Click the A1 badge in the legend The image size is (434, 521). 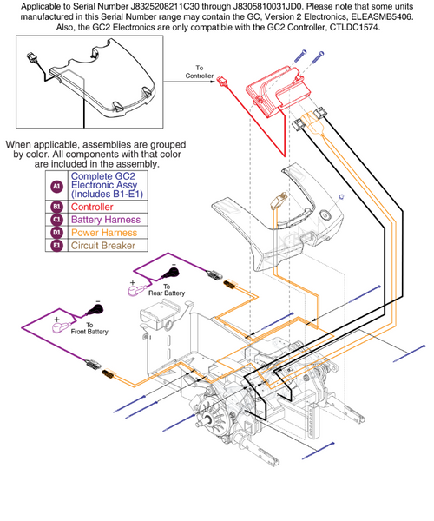click(x=57, y=185)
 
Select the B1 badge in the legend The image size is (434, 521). click(x=57, y=208)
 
